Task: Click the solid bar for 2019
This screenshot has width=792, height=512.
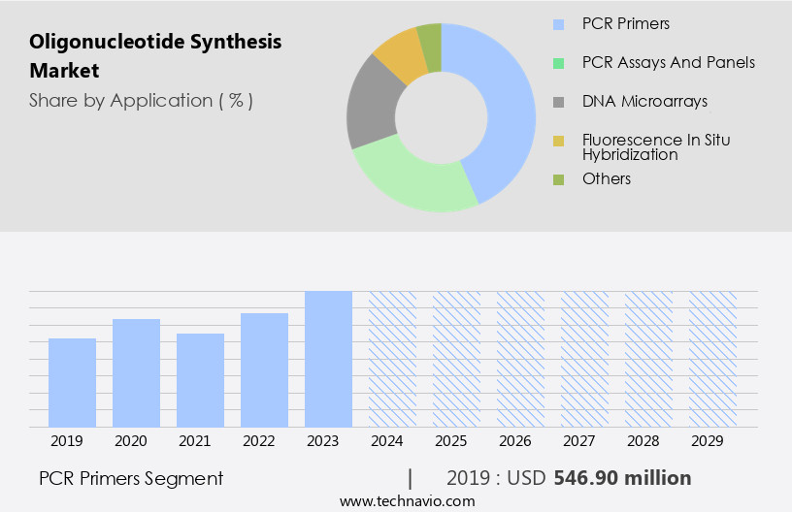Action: [x=72, y=382]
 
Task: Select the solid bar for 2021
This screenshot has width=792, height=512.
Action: [x=200, y=380]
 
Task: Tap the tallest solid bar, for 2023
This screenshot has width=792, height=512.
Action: [x=328, y=359]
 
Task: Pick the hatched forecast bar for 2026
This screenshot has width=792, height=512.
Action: [x=520, y=359]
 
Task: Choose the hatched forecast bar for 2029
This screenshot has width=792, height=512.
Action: [x=712, y=359]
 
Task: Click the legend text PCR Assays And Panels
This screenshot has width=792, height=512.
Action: [x=668, y=62]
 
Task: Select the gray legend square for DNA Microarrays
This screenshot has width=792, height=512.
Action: [x=558, y=102]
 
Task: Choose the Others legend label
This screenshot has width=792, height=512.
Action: [x=607, y=178]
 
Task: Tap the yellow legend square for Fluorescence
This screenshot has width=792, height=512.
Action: [x=558, y=142]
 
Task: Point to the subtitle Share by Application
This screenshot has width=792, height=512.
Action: [x=141, y=101]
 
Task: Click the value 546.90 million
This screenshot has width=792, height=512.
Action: [x=622, y=478]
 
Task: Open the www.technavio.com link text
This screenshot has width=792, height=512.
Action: [x=407, y=500]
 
